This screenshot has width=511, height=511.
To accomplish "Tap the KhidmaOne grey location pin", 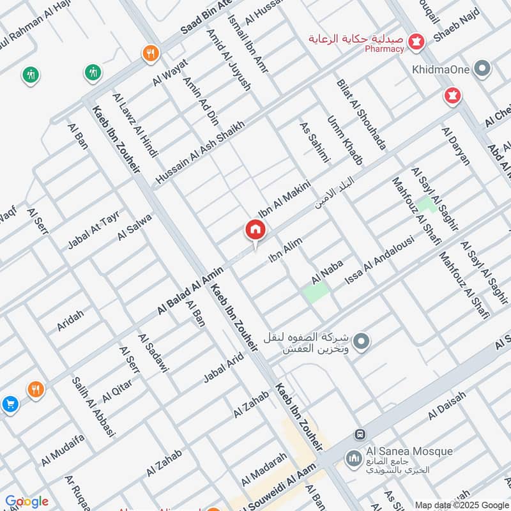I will pyautogui.click(x=484, y=67).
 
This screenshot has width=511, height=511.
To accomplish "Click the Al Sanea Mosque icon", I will pyautogui.click(x=353, y=458).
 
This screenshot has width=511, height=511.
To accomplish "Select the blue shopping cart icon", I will pyautogui.click(x=10, y=404).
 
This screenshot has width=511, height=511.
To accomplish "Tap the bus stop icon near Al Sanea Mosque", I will pyautogui.click(x=360, y=434).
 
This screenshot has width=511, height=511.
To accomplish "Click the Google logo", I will pyautogui.click(x=26, y=501).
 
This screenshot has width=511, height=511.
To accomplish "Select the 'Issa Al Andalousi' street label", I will pyautogui.click(x=379, y=261).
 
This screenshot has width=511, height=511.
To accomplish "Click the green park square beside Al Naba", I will pyautogui.click(x=316, y=293).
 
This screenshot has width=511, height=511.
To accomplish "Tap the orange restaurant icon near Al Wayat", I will pyautogui.click(x=151, y=53).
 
